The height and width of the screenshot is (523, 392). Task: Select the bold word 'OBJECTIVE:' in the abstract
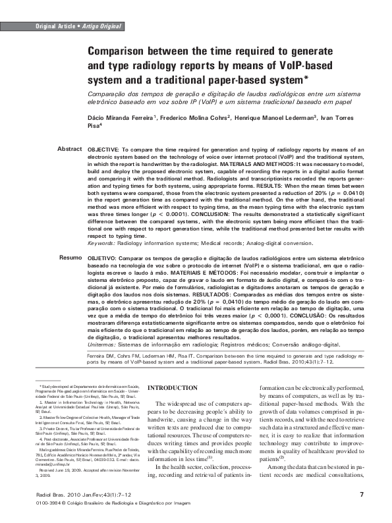tap(104, 150)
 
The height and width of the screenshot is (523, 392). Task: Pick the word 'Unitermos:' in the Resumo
tap(103, 343)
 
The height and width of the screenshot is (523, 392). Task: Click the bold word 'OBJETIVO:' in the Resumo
tap(103, 257)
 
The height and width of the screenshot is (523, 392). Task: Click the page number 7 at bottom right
tap(362, 494)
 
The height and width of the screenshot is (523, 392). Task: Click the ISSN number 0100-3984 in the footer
tap(46, 503)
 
